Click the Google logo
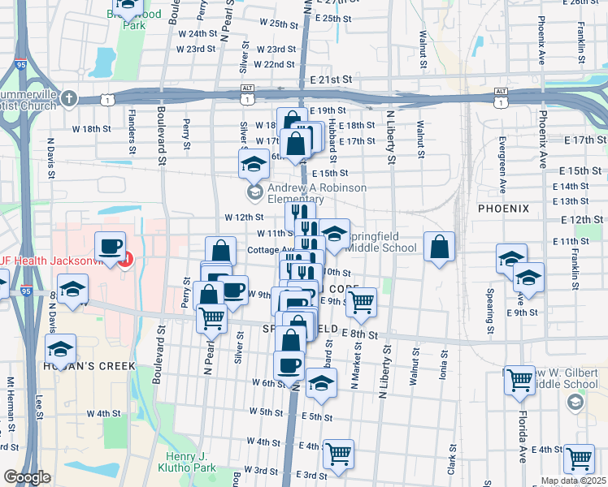pos(27,478)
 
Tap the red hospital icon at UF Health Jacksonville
pos(125,261)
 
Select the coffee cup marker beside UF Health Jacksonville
pos(110,245)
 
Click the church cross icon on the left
pos(69,99)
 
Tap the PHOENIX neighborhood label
pos(503,209)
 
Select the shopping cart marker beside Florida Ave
pos(519,378)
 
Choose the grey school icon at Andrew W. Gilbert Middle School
pos(575,402)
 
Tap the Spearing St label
pos(490,315)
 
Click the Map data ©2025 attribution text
pos(574,481)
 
